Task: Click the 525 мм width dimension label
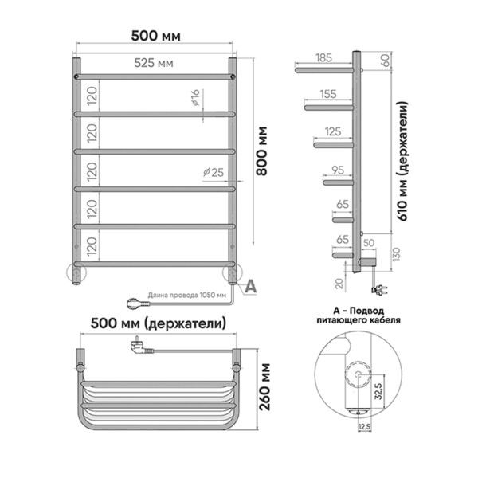[x=154, y=63]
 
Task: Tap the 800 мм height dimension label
[x=261, y=151]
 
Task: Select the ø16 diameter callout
[x=195, y=97]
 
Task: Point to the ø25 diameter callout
[x=214, y=172]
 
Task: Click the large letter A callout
[x=251, y=287]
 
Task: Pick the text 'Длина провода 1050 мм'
[x=187, y=295]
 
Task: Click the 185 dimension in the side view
[x=323, y=57]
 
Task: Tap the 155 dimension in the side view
[x=328, y=94]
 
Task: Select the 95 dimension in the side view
[x=338, y=170]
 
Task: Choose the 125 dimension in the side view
[x=333, y=131]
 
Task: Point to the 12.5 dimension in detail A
[x=364, y=427]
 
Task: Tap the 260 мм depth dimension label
[x=265, y=386]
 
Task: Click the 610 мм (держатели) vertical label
[x=402, y=162]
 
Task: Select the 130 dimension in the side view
[x=396, y=254]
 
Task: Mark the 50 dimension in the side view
[x=369, y=243]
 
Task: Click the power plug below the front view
[x=138, y=304]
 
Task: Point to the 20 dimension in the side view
[x=339, y=283]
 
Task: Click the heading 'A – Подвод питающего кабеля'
[x=358, y=315]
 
